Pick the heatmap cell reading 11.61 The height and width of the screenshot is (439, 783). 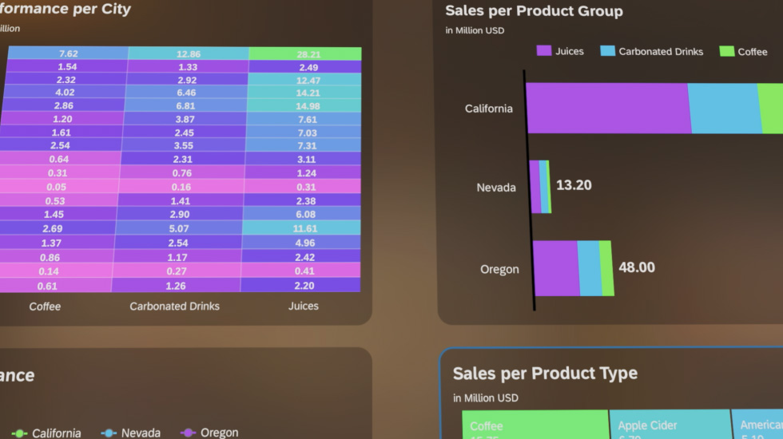[x=305, y=228]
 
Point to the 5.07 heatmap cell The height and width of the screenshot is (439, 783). [x=179, y=228]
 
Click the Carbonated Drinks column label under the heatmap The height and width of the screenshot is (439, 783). [x=174, y=306]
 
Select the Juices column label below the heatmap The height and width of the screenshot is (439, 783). [x=304, y=306]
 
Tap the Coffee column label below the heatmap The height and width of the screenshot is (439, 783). [x=45, y=306]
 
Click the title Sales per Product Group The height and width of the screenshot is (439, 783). [x=534, y=11]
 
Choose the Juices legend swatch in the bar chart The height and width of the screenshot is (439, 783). [x=544, y=51]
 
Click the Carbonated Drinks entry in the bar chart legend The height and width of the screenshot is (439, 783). [x=660, y=51]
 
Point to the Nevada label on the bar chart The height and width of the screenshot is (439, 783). [x=496, y=188]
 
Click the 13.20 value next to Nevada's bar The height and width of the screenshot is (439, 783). [x=574, y=185]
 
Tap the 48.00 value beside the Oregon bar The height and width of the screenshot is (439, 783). [x=637, y=267]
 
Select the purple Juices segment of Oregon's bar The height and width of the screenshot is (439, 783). [x=555, y=268]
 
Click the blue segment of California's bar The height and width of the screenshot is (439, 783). [x=722, y=108]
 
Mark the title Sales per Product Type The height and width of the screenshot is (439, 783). [x=545, y=374]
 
